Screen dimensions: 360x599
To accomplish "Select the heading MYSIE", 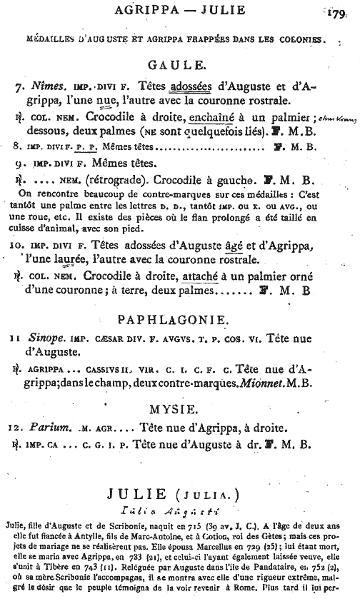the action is click(x=179, y=411).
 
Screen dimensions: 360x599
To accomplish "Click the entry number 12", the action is click(x=19, y=429).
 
